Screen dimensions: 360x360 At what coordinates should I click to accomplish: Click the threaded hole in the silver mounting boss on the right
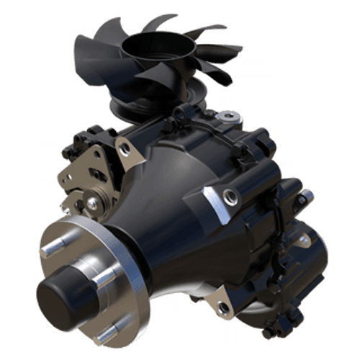pos(229,194)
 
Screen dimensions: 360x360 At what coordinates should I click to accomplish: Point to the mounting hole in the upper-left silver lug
pos(125,148)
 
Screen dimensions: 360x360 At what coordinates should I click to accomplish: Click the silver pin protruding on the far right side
pos(307,193)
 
